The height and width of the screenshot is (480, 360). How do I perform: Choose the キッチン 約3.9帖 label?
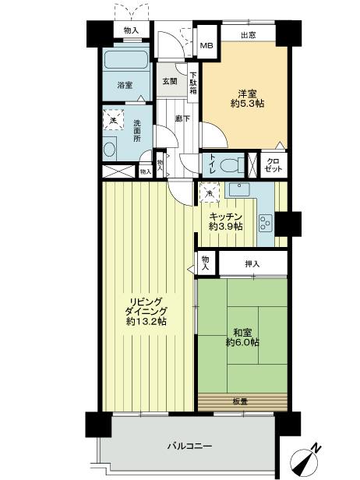pos(226,221)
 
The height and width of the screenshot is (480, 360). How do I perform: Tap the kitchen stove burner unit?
pos(264,222)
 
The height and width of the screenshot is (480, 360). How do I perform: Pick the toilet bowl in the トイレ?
pos(231,164)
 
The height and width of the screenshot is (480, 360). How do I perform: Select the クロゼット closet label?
pos(274,164)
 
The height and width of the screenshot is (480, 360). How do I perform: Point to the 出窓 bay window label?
pos(248,34)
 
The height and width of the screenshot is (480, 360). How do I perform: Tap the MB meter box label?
pos(206,45)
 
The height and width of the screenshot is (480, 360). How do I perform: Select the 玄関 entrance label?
pos(169,80)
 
